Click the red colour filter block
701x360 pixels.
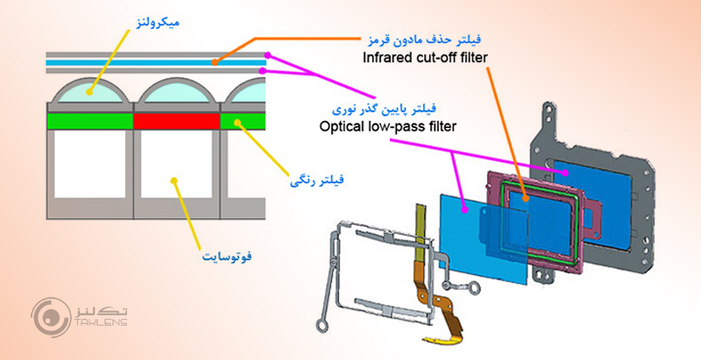point(176,119)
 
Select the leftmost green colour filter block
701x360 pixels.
point(89,119)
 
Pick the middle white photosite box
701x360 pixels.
point(176,171)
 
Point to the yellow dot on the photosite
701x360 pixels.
point(175,181)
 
